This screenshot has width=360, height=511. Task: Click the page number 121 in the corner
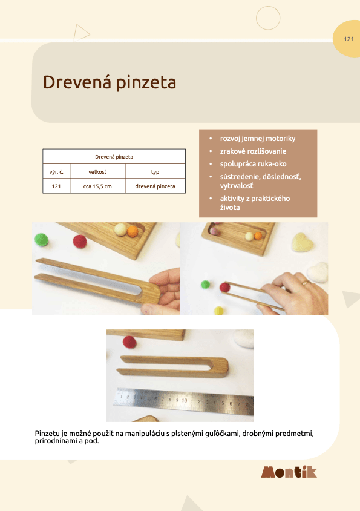tap(349, 39)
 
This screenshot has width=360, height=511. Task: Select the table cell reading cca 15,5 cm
tap(97, 186)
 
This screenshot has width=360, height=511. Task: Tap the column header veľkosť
tap(97, 171)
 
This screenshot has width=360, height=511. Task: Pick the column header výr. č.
tap(56, 171)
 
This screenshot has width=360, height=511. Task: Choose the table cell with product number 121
tap(56, 186)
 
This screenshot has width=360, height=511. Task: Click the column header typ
tap(155, 171)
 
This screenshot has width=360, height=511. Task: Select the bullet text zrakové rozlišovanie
tap(253, 151)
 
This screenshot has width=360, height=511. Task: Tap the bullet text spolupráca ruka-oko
tap(253, 164)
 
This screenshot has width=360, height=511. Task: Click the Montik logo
tap(289, 472)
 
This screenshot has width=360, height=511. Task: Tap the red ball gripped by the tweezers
tap(224, 287)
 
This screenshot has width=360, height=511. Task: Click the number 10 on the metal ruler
tap(183, 400)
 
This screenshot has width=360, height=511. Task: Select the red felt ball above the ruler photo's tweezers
tap(129, 342)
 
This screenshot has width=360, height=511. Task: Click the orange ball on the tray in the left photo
tap(133, 231)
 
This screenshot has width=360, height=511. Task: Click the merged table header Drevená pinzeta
tap(114, 156)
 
